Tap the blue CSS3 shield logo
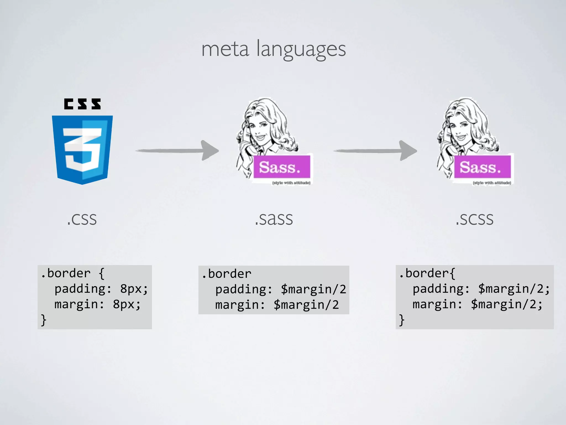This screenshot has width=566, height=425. [82, 149]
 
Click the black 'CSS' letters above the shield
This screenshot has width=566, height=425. [82, 104]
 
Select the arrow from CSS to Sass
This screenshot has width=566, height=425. [177, 151]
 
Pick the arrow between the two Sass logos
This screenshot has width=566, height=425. [375, 151]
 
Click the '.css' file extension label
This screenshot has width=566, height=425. [82, 219]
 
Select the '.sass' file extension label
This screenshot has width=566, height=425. [274, 219]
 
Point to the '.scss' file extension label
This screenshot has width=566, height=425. [474, 219]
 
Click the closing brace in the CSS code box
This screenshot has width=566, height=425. [44, 320]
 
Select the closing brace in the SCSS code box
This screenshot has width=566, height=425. [402, 320]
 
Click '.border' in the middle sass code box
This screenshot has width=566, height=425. [227, 274]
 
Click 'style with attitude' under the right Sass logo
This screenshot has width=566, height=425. [492, 183]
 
